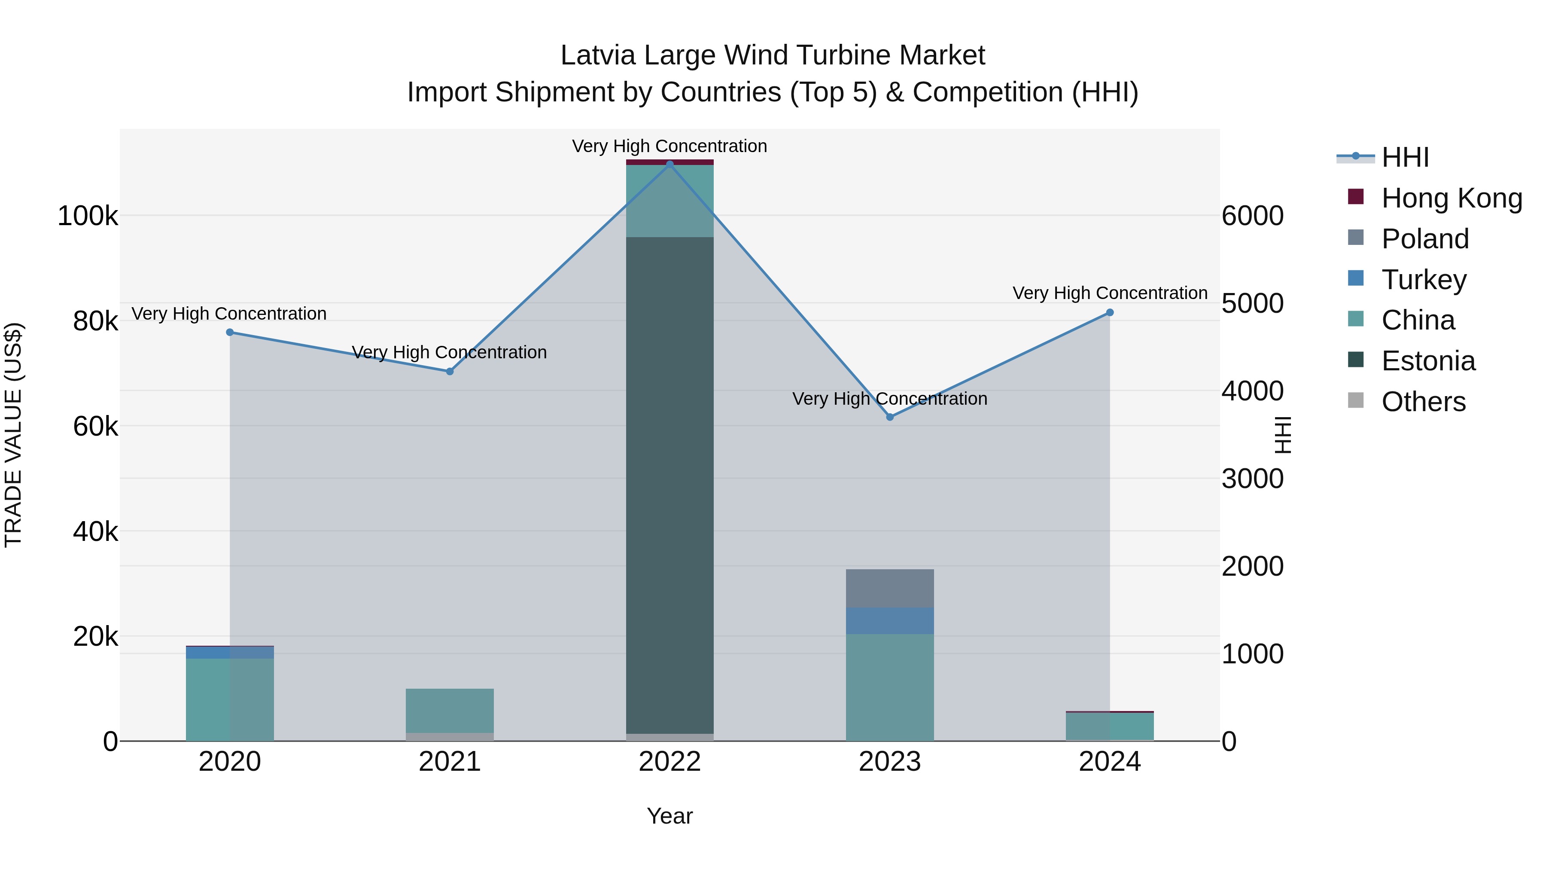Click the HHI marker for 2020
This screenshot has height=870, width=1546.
click(x=230, y=332)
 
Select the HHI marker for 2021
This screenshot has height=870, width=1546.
click(x=450, y=371)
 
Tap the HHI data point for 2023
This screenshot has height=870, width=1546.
click(x=890, y=417)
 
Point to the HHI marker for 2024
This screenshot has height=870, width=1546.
click(x=1110, y=312)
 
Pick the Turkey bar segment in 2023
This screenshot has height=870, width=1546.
click(x=890, y=620)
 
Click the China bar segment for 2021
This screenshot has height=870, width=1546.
click(x=450, y=710)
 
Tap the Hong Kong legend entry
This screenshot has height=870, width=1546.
click(x=1451, y=198)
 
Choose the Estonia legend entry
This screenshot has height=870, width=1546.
click(x=1428, y=361)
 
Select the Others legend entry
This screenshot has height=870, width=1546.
click(x=1423, y=402)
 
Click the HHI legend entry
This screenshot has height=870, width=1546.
click(x=1404, y=157)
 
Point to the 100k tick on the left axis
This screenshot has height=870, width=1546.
click(x=88, y=216)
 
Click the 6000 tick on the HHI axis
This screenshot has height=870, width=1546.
click(x=1253, y=216)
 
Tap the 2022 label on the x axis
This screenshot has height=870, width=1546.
click(x=670, y=762)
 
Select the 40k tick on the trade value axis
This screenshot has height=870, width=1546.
click(x=95, y=532)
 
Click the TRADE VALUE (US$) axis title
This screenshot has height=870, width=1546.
click(x=13, y=435)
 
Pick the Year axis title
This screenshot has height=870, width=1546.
click(x=670, y=816)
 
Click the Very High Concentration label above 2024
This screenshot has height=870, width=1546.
click(x=1110, y=293)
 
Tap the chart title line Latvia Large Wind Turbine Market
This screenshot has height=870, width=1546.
click(x=773, y=55)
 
